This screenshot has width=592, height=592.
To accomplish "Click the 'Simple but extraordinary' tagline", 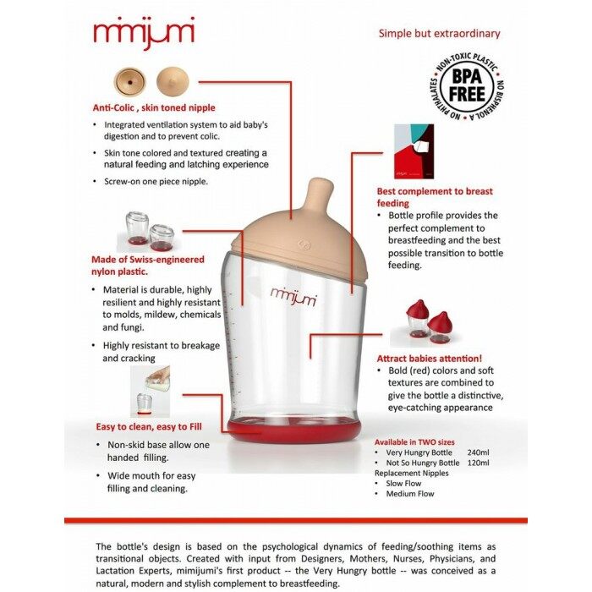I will click(x=439, y=34).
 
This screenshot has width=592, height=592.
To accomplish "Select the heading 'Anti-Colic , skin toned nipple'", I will click(x=154, y=107).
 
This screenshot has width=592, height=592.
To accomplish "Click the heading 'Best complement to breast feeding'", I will click(x=435, y=197).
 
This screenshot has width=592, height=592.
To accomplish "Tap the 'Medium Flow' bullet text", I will click(x=410, y=494).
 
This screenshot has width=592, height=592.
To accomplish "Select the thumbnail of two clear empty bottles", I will click(x=149, y=231).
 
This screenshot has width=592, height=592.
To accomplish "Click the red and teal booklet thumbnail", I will click(x=414, y=151).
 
